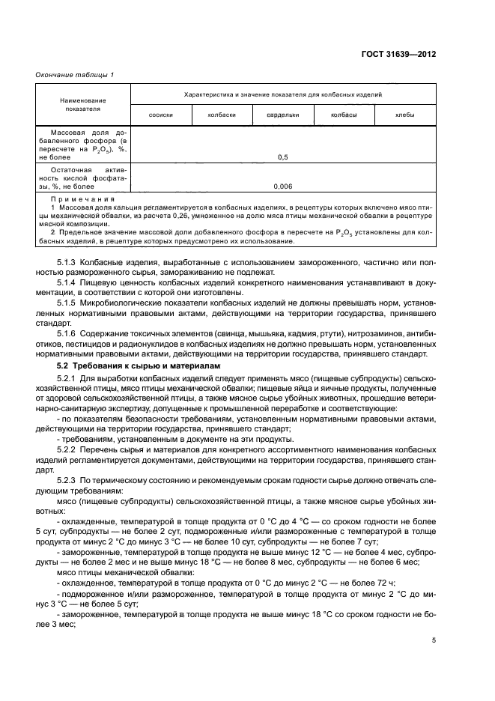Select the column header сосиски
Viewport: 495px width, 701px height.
point(161,115)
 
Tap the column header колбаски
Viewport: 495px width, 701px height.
point(222,115)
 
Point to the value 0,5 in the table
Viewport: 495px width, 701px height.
point(283,157)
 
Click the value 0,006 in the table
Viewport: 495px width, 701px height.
point(283,186)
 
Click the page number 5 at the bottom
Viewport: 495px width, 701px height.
point(434,640)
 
